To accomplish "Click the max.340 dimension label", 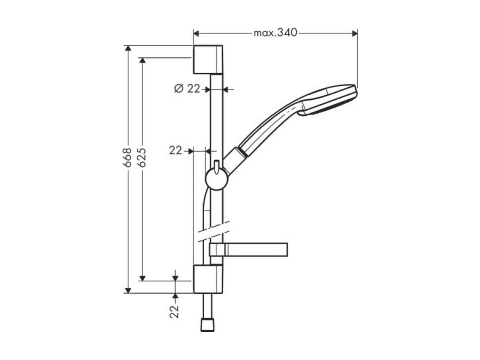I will click(275, 33).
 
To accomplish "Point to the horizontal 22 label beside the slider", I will click(175, 151).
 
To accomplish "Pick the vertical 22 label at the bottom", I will click(175, 311).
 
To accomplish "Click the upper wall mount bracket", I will click(207, 59).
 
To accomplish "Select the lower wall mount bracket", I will click(207, 279).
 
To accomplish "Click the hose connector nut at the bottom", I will click(208, 325).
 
